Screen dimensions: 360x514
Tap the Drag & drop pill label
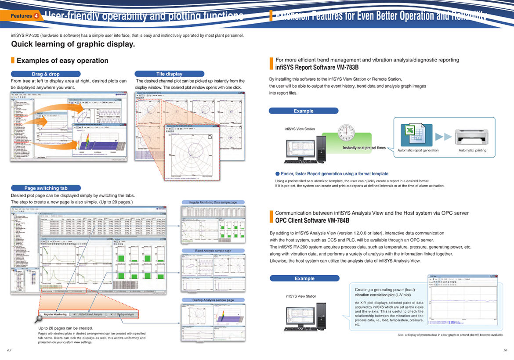click(46, 74)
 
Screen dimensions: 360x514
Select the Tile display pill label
click(169, 74)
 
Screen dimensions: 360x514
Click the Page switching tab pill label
click(46, 188)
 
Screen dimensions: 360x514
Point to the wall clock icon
click(346, 132)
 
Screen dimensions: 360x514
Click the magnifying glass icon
click(39, 318)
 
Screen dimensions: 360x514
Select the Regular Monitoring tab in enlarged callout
click(55, 314)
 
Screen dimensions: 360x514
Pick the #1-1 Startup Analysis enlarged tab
click(122, 314)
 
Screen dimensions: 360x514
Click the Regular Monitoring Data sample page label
click(213, 202)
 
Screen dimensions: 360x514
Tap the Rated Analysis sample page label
click(213, 251)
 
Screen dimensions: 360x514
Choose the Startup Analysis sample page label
click(213, 300)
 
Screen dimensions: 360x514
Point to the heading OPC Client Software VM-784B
click(312, 220)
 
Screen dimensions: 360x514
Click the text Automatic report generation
click(418, 150)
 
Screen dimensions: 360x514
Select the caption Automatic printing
click(472, 150)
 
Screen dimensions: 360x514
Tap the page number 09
click(9, 350)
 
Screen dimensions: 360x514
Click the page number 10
click(505, 350)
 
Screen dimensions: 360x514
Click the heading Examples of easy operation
click(62, 61)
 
